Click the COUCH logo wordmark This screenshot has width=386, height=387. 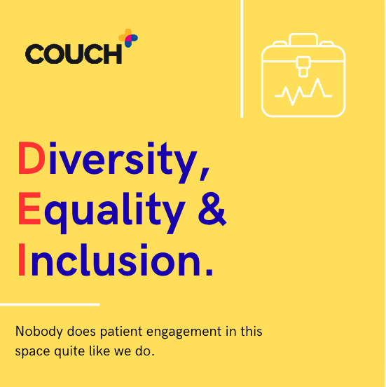pyautogui.click(x=74, y=53)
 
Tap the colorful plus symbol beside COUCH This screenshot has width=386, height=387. pyautogui.click(x=128, y=38)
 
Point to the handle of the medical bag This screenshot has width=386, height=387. pyautogui.click(x=303, y=38)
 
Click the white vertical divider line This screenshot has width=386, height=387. pyautogui.click(x=242, y=59)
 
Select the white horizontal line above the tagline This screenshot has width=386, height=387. pyautogui.click(x=49, y=304)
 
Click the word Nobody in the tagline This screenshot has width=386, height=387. pyautogui.click(x=36, y=331)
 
